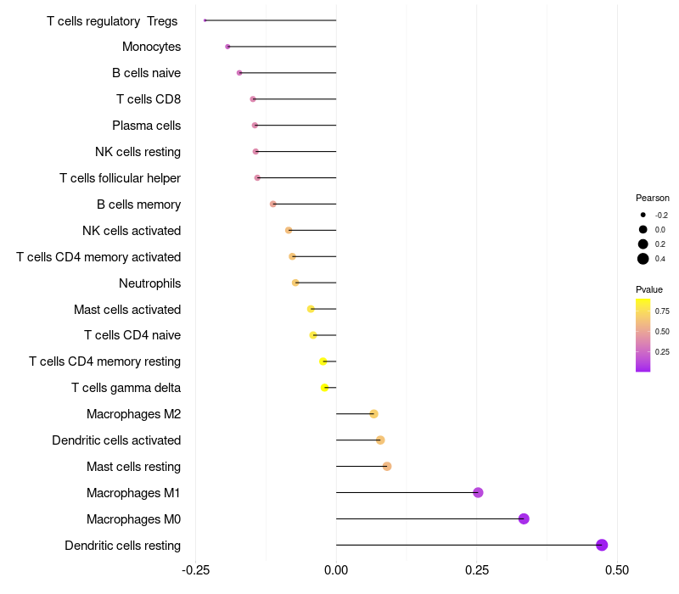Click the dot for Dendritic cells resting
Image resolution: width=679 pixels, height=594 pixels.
click(602, 545)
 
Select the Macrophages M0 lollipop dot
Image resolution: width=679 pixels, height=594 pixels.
click(524, 518)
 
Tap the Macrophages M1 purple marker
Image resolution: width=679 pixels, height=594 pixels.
click(478, 492)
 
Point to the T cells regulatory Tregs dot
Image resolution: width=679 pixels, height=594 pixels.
click(205, 20)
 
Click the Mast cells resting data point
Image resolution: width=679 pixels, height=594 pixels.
click(387, 466)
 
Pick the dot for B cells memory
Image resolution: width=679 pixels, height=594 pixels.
click(272, 204)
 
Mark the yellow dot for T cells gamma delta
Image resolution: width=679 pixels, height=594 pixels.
click(324, 387)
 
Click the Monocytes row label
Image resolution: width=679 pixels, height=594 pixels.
click(151, 47)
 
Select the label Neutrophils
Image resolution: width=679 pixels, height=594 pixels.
click(149, 283)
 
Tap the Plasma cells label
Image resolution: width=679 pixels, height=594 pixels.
click(146, 126)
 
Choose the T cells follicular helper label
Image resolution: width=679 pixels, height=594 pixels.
click(120, 178)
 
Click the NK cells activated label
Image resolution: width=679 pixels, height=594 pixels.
click(132, 231)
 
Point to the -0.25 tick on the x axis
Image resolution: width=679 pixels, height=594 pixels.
click(196, 569)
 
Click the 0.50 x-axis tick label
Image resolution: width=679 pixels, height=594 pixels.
click(617, 569)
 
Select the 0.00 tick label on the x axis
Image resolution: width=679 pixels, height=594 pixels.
click(336, 569)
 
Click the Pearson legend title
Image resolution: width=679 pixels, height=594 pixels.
click(652, 198)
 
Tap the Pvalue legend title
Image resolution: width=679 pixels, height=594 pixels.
click(649, 289)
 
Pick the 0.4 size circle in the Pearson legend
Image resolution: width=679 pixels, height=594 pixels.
click(643, 259)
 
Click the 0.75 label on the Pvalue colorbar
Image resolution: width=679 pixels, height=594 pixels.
click(662, 311)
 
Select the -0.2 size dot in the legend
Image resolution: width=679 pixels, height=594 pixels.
click(643, 215)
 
